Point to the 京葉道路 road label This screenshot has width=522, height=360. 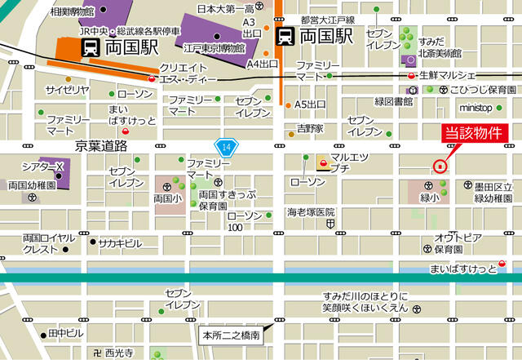101,145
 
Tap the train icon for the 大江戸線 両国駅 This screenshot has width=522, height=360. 285,36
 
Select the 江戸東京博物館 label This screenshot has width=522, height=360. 215,48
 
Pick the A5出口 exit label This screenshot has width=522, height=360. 310,104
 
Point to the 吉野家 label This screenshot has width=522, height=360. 310,128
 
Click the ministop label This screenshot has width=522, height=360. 476,107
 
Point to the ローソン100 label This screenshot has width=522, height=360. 246,220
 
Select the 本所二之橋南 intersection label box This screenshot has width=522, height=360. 232,335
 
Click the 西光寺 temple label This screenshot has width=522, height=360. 118,352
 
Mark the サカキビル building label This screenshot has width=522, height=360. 121,242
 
